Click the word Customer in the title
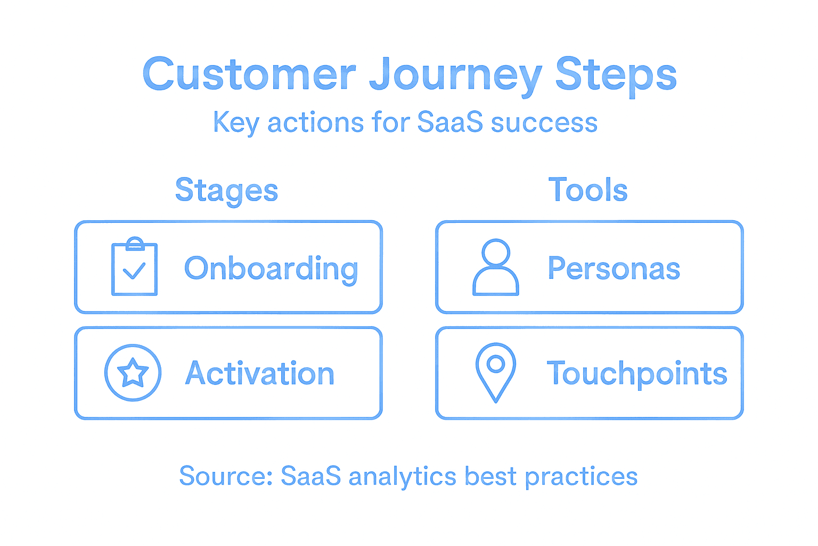(249, 75)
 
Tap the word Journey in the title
(455, 76)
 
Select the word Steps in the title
(616, 76)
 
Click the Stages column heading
(227, 190)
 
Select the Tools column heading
(588, 190)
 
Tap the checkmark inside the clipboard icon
(134, 271)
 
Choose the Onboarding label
(271, 268)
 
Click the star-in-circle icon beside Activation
(133, 373)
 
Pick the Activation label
(260, 373)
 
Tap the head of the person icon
(496, 252)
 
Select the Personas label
(614, 268)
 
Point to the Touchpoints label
(637, 374)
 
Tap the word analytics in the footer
(403, 477)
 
